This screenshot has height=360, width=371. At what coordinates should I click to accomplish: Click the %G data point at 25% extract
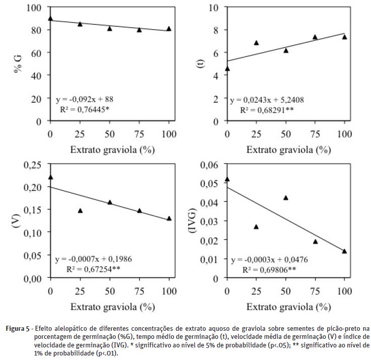80,24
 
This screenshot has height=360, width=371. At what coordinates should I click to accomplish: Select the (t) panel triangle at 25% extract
256,43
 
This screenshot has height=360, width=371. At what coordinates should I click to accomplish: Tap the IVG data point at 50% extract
286,198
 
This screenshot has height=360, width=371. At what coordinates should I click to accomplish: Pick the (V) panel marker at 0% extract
50,177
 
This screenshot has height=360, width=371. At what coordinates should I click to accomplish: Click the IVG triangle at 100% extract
344,251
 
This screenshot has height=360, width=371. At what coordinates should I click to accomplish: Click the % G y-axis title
18,64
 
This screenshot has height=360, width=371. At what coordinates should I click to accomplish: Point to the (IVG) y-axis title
192,221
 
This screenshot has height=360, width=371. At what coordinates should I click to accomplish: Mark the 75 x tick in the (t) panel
315,131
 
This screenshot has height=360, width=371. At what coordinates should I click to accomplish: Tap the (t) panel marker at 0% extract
227,68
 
